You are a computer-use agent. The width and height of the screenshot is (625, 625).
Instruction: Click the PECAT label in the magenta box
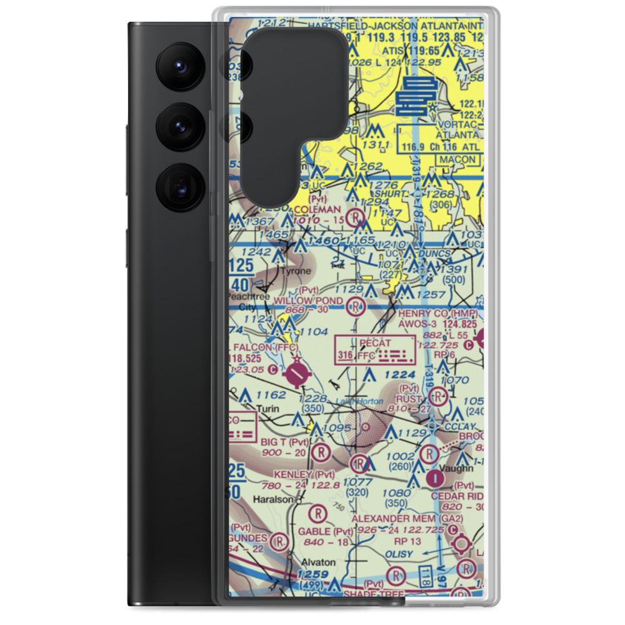tap(375, 343)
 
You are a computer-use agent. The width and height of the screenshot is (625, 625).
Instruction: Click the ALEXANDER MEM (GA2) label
tap(407, 519)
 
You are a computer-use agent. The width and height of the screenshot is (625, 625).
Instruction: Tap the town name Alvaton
tap(319, 562)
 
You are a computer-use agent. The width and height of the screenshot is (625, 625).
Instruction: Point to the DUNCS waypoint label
tap(436, 254)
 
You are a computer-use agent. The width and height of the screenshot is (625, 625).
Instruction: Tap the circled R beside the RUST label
tap(439, 396)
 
